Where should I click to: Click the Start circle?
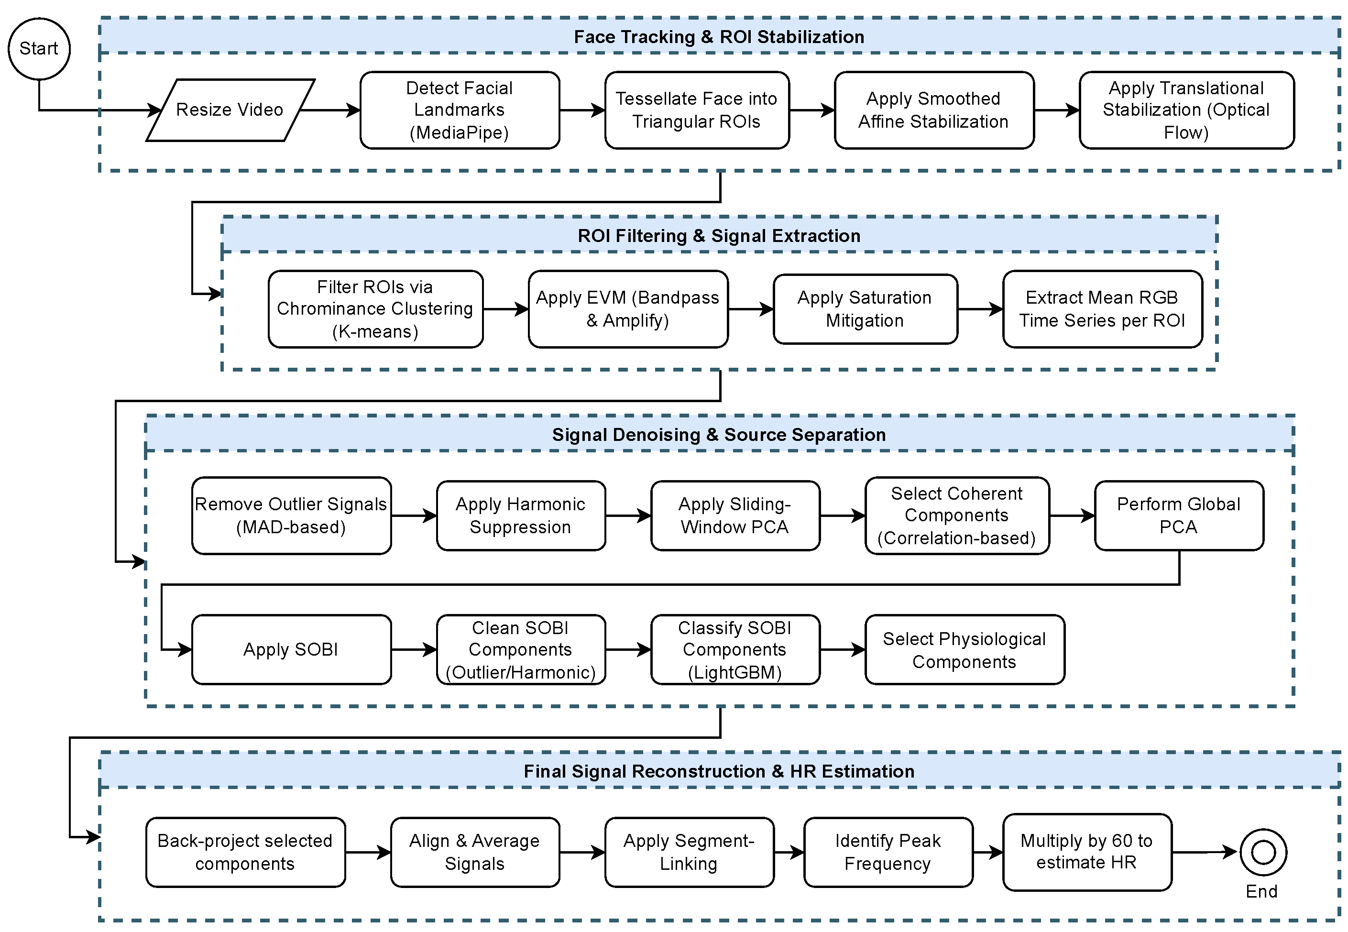pos(39,48)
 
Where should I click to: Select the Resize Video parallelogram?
pos(230,110)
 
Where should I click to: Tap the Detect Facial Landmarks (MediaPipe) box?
pos(460,110)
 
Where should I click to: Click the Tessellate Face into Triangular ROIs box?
pos(697,110)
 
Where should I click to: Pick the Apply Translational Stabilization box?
pos(1186,110)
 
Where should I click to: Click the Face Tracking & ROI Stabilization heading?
pos(719,37)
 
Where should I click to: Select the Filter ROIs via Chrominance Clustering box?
pos(375,309)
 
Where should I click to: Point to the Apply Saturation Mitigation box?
pos(865,309)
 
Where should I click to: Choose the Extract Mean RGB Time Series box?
pos(1102,309)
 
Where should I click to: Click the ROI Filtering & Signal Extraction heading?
pos(719,236)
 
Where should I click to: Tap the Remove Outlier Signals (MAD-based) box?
pos(291,515)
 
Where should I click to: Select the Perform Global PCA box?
pos(1179,515)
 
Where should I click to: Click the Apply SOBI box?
pos(291,649)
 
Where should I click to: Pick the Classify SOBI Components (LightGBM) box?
pos(735,649)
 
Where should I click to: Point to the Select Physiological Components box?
pos(964,649)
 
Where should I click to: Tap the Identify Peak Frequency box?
pos(888,852)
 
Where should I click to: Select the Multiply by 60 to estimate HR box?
pos(1086,852)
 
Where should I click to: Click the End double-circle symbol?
pos(1263,852)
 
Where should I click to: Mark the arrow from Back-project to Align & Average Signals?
pos(368,853)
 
